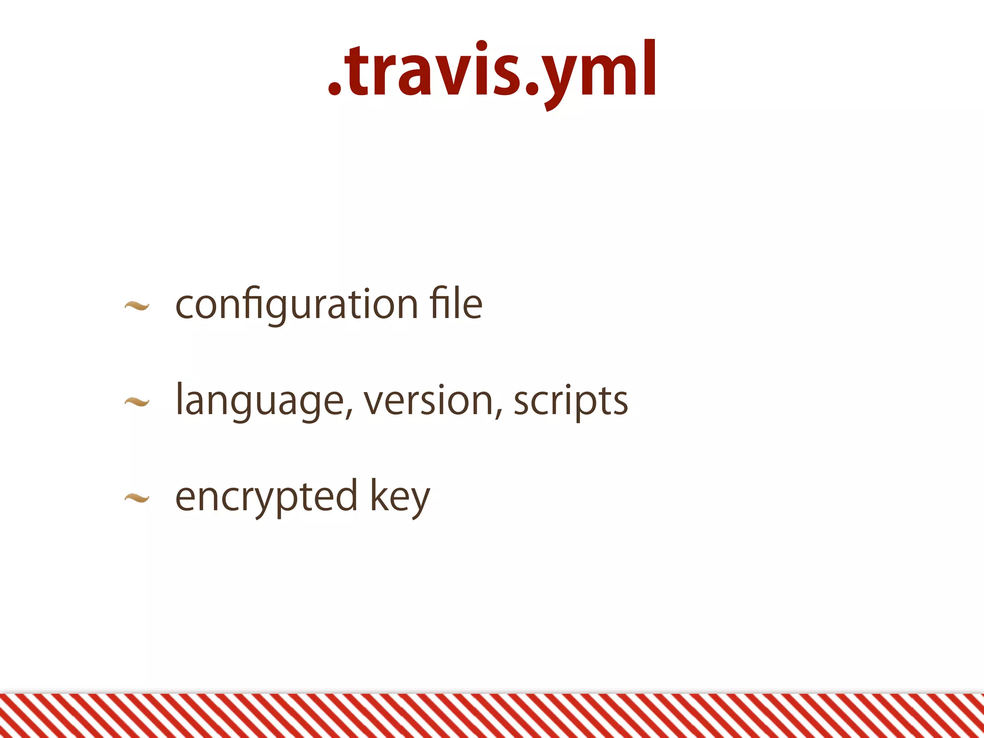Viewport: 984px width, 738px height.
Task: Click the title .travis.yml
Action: (x=492, y=72)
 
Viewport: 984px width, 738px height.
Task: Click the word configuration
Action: (x=296, y=305)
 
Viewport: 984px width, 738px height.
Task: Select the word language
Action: (x=260, y=401)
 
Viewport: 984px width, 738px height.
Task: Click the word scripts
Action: (x=570, y=401)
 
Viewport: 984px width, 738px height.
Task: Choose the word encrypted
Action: (x=266, y=497)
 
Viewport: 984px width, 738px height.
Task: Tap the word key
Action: (x=400, y=497)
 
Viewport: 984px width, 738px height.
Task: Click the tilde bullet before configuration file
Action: (x=137, y=306)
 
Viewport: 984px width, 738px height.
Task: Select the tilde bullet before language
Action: (x=137, y=402)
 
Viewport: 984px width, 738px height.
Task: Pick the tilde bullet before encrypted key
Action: (x=137, y=498)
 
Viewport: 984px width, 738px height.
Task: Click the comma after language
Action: (x=350, y=413)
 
